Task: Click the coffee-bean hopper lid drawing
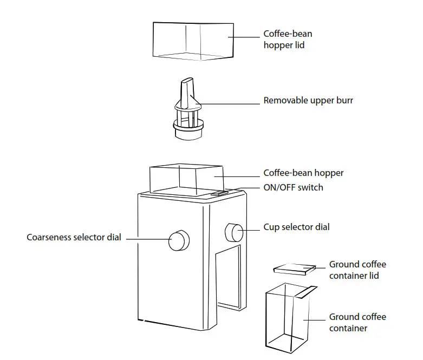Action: [193, 41]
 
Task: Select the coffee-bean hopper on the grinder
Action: [184, 179]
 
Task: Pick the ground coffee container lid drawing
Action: [295, 269]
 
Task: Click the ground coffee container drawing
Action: [288, 319]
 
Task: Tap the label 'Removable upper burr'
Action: [308, 100]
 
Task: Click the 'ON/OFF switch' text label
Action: [293, 187]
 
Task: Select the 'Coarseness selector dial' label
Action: [74, 237]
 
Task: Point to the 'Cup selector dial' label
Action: [296, 227]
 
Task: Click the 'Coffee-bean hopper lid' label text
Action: [288, 40]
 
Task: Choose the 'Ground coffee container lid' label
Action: [357, 270]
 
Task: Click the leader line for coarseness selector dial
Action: [146, 238]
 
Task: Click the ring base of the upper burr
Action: [187, 128]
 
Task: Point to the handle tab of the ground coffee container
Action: [307, 292]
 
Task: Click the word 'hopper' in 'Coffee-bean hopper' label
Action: [328, 173]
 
